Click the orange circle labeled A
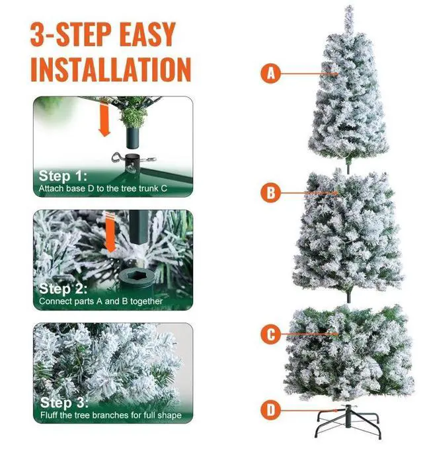[x=270, y=73]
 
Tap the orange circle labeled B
[x=270, y=192]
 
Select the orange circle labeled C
[x=270, y=334]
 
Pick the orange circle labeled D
[x=270, y=410]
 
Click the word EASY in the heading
[x=147, y=34]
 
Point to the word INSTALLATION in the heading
[x=111, y=69]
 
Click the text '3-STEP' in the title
[x=71, y=34]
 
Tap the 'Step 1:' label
[x=63, y=176]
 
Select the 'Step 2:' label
[x=63, y=289]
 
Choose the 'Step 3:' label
[x=64, y=402]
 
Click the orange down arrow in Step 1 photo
[x=104, y=119]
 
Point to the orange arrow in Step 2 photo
[x=110, y=233]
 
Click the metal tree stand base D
[x=348, y=421]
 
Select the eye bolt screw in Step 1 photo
[x=118, y=158]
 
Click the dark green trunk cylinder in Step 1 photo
[x=133, y=137]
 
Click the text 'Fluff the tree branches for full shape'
[x=111, y=415]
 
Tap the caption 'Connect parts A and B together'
[x=100, y=301]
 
